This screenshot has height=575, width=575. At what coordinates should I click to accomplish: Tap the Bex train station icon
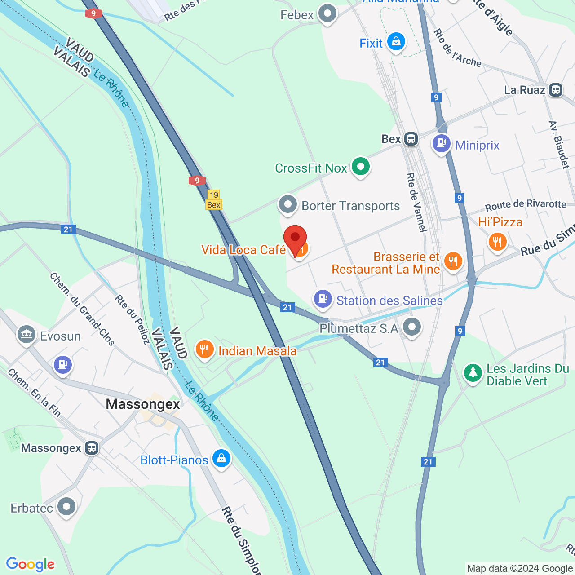point(411,139)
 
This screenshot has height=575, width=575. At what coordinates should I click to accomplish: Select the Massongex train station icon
point(92,448)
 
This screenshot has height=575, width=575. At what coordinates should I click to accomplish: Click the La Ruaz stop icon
point(556,90)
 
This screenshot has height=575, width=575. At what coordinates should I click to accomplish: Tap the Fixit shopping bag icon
point(396,42)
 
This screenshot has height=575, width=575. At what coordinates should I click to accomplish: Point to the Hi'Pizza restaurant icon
point(497,242)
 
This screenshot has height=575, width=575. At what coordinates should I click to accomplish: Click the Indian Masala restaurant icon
point(204,349)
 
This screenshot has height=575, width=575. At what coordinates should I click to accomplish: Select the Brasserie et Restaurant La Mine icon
point(453,261)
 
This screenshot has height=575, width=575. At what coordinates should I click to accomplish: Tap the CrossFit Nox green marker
point(360,167)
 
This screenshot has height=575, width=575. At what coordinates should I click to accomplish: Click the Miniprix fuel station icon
point(442,144)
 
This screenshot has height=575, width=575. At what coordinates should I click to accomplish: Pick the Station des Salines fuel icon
point(323,299)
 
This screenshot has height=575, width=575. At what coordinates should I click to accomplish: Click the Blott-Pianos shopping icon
point(221,459)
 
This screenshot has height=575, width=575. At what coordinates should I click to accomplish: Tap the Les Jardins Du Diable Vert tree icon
point(473,372)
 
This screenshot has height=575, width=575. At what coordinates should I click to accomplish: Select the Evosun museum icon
point(27,335)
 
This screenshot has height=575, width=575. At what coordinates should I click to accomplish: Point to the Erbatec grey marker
point(66,507)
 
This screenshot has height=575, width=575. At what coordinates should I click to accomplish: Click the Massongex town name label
point(143,404)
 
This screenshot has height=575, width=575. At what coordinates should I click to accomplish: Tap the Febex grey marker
point(327,13)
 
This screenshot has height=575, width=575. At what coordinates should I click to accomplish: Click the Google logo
point(31,564)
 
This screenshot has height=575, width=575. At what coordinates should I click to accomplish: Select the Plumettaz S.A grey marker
point(411,327)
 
